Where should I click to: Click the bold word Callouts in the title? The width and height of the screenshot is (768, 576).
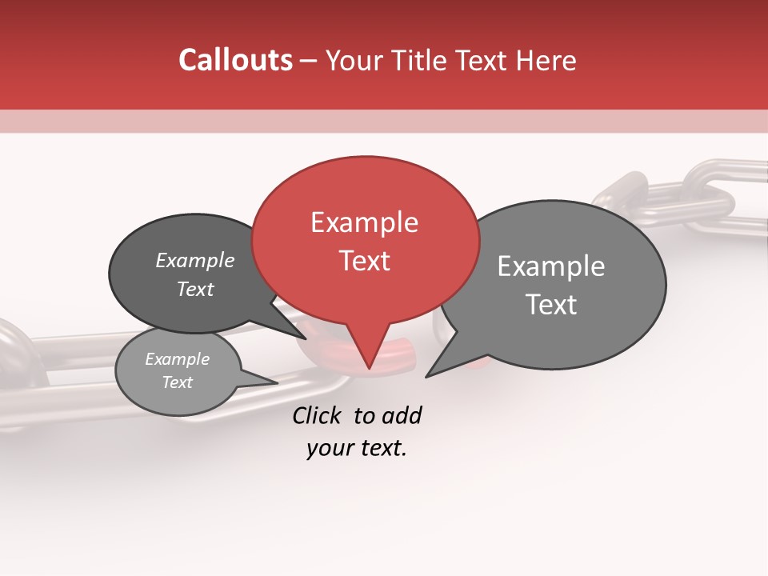235,60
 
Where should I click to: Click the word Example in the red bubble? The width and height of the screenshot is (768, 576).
364,222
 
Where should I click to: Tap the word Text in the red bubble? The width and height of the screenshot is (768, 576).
364,261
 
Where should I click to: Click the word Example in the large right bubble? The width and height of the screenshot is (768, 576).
551,266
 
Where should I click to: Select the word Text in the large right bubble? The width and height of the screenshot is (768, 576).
551,305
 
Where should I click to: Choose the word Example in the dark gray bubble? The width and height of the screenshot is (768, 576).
195,261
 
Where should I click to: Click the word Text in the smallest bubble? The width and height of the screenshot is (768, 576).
178,382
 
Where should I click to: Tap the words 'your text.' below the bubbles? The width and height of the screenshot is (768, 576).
357,449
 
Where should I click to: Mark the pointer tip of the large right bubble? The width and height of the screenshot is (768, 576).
426,376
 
